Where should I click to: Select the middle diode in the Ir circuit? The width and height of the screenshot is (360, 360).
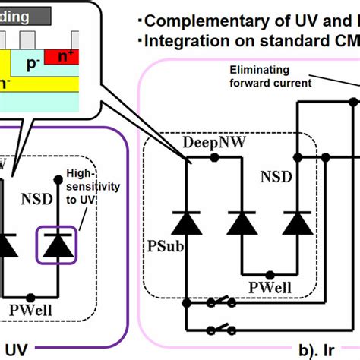[x=242, y=223]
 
